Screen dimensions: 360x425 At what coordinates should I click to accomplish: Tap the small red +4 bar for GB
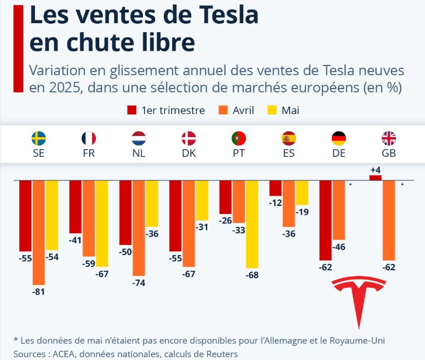tap(375, 178)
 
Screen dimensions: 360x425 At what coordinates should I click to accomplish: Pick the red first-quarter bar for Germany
tap(326, 220)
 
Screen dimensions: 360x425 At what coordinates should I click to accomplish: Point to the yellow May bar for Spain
tap(302, 192)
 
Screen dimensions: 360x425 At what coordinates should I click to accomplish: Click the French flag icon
tap(89, 138)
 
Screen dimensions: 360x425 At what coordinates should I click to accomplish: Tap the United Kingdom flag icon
tap(389, 138)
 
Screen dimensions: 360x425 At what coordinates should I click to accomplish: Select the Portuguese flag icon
tap(239, 138)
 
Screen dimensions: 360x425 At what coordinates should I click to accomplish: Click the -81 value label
tap(38, 292)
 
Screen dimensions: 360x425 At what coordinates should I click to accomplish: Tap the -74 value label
tap(139, 283)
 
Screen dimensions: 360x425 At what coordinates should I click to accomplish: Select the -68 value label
tap(252, 275)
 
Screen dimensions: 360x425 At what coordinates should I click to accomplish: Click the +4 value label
tap(375, 169)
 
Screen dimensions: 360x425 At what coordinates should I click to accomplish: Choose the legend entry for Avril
tap(236, 110)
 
